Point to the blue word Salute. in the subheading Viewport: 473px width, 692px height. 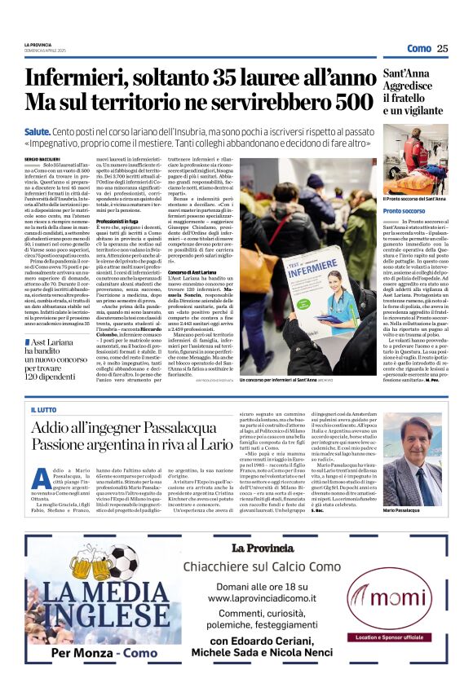[x=38, y=131]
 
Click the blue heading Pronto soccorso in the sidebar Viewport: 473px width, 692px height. [x=403, y=210]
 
